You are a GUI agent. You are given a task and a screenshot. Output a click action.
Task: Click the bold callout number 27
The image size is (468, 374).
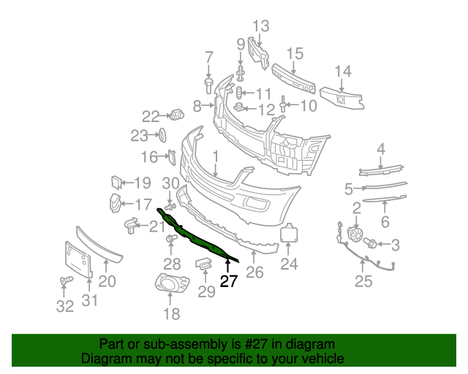coord(229,282)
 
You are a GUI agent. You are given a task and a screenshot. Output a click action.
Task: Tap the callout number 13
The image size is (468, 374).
coord(261,27)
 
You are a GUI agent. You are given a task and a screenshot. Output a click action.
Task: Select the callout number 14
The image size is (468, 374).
coord(343,71)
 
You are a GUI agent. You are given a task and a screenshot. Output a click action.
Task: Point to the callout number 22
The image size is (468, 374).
coord(151,115)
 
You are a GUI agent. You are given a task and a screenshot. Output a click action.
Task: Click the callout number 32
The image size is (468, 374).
coord(65,307)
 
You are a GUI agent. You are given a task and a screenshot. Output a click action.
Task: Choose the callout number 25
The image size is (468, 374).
coord(363,281)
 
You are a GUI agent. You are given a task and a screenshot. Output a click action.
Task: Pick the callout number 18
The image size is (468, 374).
coord(171,314)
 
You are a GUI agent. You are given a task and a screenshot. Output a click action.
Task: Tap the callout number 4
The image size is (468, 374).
coord(381,149)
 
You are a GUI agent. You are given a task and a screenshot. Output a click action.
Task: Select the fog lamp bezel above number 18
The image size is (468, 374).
coord(170,283)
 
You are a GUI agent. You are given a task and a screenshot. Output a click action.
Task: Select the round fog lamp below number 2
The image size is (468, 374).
coord(355,235)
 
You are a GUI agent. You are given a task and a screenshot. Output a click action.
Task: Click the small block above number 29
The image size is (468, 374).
coord(204,263)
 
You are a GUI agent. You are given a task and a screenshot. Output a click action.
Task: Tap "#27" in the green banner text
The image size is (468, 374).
coord(236,344)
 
